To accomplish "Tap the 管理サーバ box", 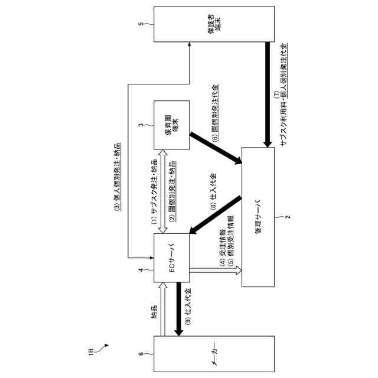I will point(259,217).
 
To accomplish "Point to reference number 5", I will point(141,25).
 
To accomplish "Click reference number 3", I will point(141,125).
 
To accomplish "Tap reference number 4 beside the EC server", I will point(141,271).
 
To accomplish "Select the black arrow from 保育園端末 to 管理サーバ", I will point(216,147).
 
